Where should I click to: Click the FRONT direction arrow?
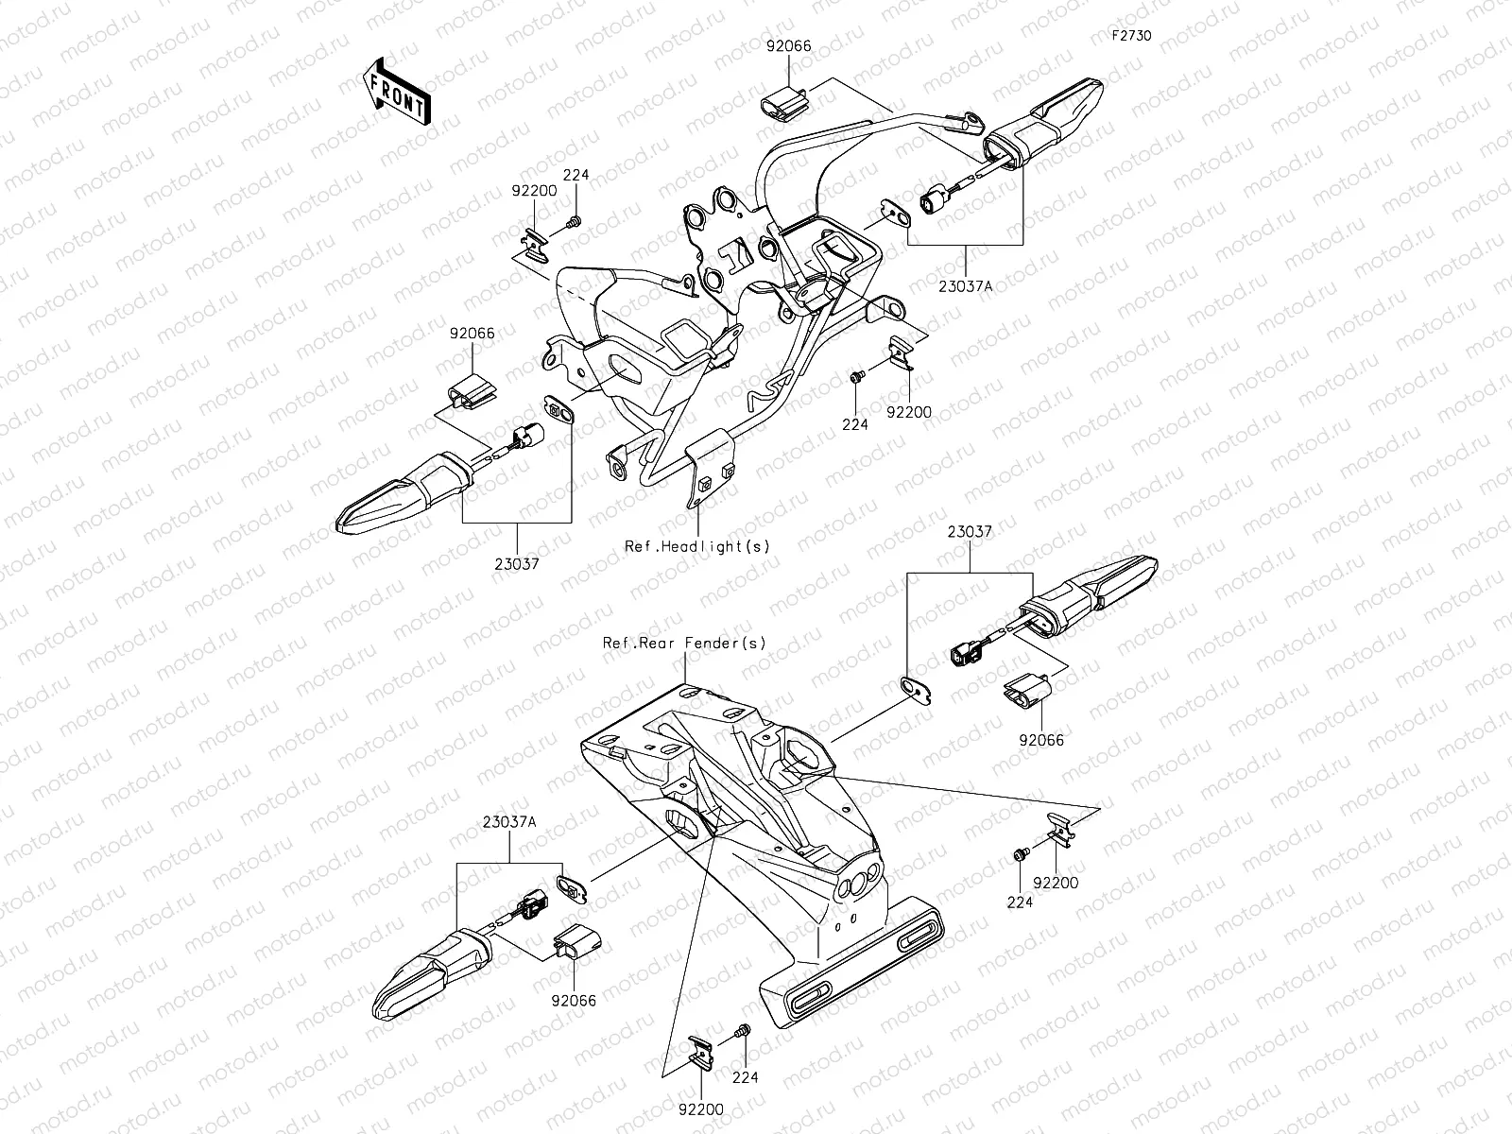(396, 92)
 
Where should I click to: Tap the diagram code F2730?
(1131, 35)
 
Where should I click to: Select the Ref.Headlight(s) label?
(697, 546)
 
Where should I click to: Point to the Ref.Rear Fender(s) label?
(684, 643)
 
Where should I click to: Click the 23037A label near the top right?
(965, 286)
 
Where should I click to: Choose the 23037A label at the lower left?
(509, 822)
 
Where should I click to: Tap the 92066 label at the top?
(789, 46)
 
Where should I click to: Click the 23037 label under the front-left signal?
(517, 564)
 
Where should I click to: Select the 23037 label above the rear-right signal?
(970, 531)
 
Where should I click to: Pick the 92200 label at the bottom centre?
(701, 1109)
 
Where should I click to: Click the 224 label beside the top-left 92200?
(576, 175)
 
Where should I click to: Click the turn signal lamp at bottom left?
(432, 974)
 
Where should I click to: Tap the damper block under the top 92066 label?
(784, 105)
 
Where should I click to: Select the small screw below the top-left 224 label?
(574, 222)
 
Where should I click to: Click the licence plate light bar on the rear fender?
(851, 961)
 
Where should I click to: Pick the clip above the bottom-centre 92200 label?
(700, 1053)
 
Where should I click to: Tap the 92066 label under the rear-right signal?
(1041, 740)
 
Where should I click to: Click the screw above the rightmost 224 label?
(1021, 854)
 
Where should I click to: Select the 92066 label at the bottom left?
(574, 1001)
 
